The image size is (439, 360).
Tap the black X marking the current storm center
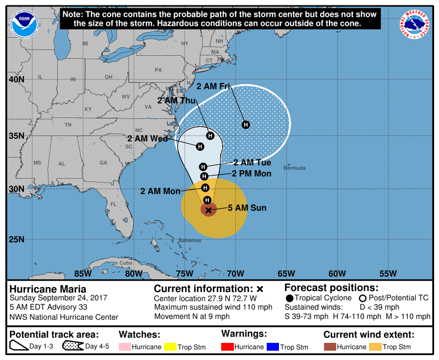pos(208,210)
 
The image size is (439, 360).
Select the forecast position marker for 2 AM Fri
pos(246,125)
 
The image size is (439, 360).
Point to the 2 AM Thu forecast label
pos(176,100)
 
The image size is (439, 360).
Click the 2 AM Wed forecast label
pos(147,138)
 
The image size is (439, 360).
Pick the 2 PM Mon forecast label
pos(252,174)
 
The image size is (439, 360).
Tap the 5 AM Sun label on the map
pos(247,208)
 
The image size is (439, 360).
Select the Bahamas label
pos(189,240)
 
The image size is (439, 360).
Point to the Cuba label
pos(126,263)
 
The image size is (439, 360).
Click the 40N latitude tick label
pos(17,79)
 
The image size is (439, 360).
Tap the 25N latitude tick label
pos(17,239)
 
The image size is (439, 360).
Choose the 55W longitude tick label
pos(388,273)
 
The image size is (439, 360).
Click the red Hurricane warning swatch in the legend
pos(228,347)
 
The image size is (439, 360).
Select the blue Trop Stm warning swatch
pos(273,347)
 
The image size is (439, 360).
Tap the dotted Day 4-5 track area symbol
pos(73,347)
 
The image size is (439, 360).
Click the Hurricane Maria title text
pos(48,289)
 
